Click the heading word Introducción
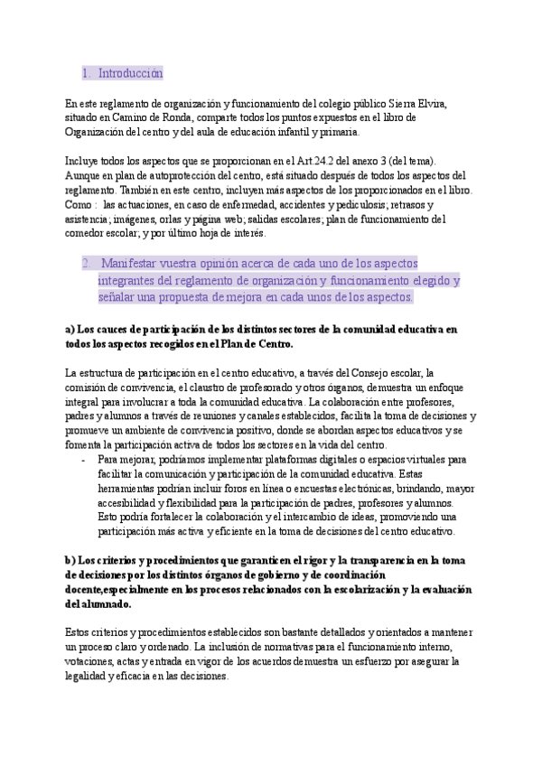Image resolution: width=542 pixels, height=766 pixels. (130, 72)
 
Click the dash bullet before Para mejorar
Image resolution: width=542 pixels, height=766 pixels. (83, 459)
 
